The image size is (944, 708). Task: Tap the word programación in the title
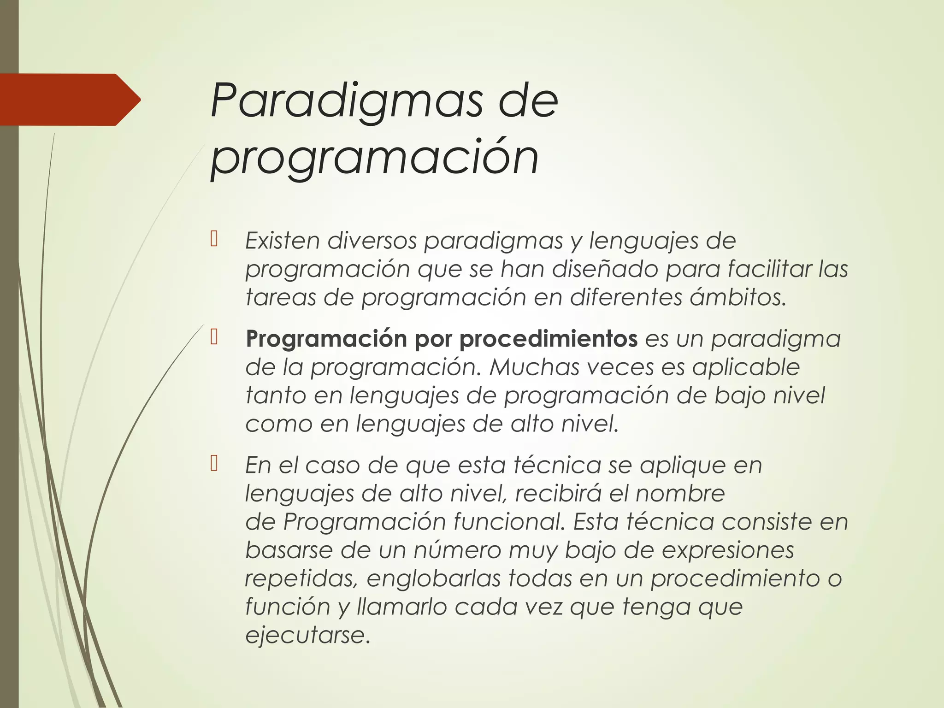click(x=374, y=157)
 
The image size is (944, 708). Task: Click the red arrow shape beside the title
click(x=69, y=100)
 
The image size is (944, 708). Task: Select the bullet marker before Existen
click(x=214, y=240)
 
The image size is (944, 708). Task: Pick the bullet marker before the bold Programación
click(x=214, y=338)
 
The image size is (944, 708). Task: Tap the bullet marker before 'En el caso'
click(x=214, y=464)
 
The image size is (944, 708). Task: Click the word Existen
click(x=282, y=241)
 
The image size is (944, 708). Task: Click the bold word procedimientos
click(x=548, y=339)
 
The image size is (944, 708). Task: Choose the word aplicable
click(x=746, y=367)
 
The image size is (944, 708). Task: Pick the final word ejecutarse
click(x=307, y=636)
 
